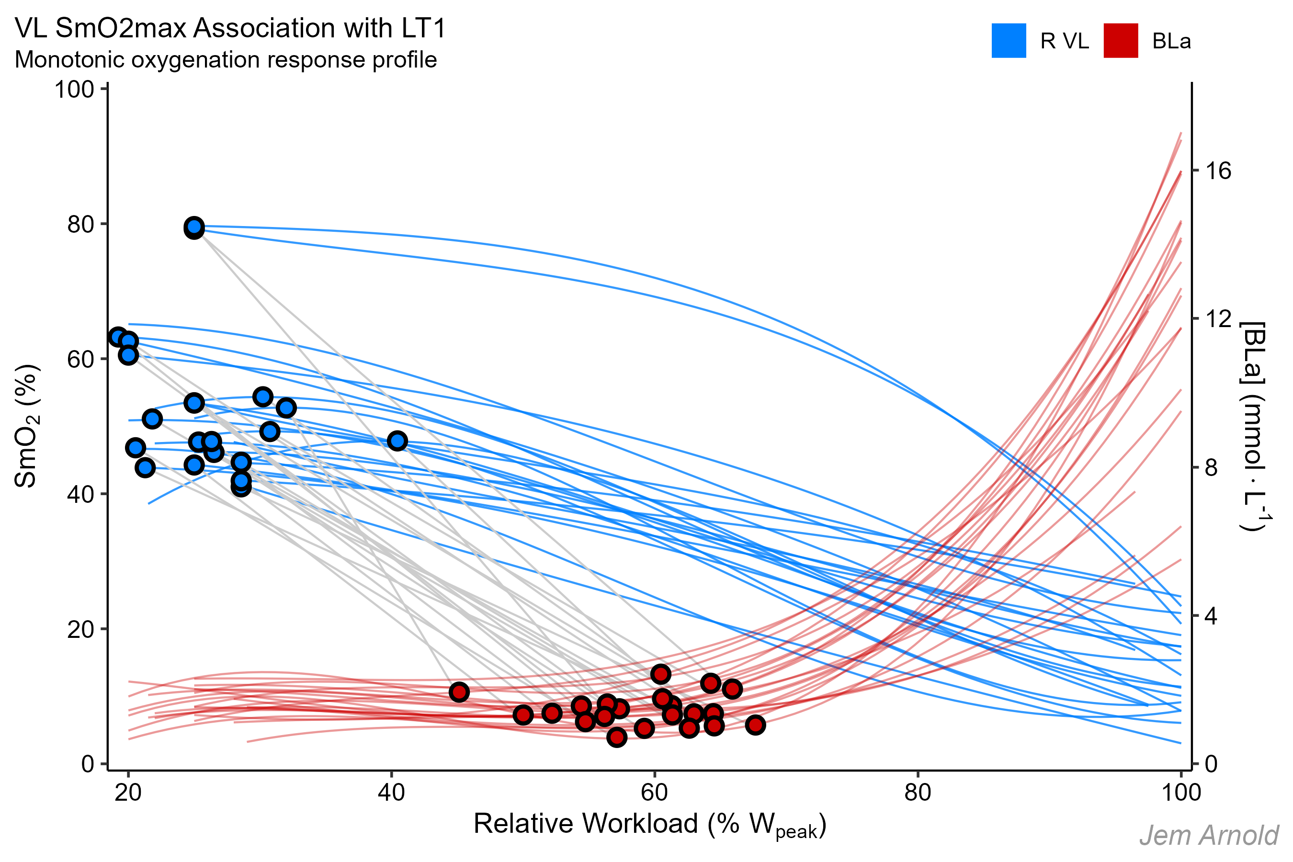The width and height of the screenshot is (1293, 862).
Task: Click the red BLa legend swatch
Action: pyautogui.click(x=1121, y=41)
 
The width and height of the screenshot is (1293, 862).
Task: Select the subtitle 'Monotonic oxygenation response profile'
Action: pyautogui.click(x=226, y=59)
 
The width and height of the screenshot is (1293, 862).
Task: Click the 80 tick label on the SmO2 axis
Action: pyautogui.click(x=81, y=224)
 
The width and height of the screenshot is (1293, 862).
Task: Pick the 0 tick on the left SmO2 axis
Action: pyautogui.click(x=88, y=764)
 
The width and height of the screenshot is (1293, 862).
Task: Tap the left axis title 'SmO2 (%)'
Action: pyautogui.click(x=26, y=426)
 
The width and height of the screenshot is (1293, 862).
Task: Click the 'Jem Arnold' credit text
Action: pyautogui.click(x=1208, y=836)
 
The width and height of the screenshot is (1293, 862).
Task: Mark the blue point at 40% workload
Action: pyautogui.click(x=397, y=441)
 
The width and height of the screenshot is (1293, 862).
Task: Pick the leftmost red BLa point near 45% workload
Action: pyautogui.click(x=459, y=692)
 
